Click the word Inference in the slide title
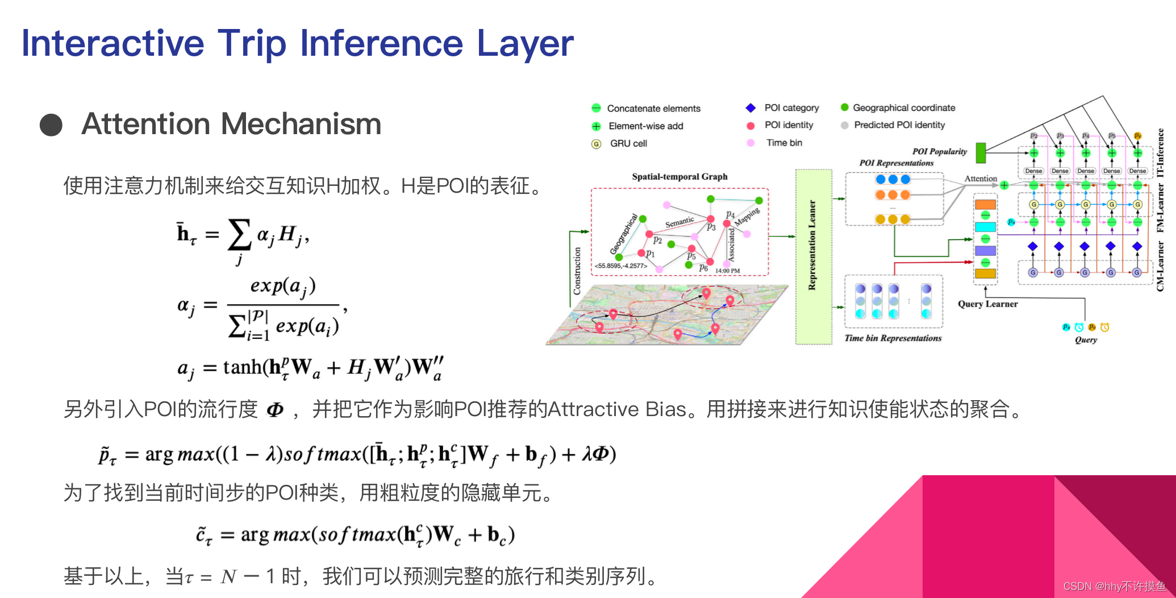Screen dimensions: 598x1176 381,43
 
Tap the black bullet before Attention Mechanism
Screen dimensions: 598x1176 51,125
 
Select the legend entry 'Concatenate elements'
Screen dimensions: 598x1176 653,109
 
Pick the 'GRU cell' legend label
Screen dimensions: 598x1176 628,144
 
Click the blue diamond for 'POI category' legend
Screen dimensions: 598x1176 750,108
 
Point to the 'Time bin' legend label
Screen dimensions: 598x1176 784,143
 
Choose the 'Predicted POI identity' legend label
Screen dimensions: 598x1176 899,125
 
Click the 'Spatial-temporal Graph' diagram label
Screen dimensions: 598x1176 679,177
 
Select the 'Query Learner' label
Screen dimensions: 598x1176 988,304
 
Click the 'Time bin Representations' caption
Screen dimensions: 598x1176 893,338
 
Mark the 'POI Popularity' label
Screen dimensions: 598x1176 939,152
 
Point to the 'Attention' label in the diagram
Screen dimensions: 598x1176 981,178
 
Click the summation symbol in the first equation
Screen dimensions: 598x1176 239,235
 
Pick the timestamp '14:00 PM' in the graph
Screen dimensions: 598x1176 727,271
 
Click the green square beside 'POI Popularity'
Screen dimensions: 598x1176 981,152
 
